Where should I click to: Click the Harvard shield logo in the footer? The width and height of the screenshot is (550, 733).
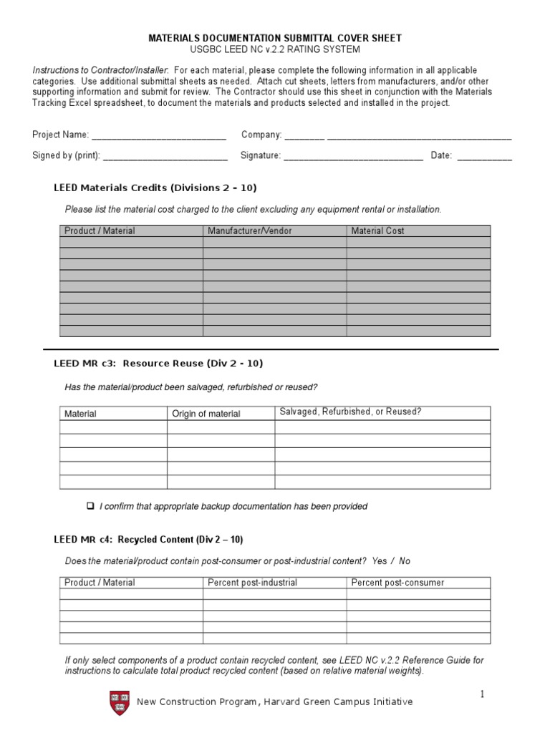click(x=120, y=702)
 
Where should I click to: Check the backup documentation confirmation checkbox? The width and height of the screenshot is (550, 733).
click(x=90, y=506)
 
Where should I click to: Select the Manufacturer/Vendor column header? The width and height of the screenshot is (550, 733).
click(x=249, y=231)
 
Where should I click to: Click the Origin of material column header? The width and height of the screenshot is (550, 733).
click(x=206, y=414)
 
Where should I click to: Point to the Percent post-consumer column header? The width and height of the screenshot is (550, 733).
click(x=397, y=583)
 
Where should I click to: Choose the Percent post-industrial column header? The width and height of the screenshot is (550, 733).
click(x=252, y=583)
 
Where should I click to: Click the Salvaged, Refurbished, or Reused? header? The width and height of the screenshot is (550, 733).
click(x=350, y=412)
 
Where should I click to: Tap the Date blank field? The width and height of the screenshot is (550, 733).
click(x=484, y=156)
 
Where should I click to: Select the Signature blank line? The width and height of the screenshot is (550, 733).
click(x=353, y=156)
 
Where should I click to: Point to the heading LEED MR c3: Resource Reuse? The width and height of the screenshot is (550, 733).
click(x=158, y=364)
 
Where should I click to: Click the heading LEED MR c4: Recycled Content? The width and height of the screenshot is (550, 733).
click(x=153, y=539)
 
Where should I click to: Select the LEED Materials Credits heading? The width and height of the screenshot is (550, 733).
click(x=155, y=188)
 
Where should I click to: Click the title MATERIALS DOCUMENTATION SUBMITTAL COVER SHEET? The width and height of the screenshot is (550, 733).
click(x=274, y=37)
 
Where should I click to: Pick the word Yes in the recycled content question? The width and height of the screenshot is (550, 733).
click(x=380, y=561)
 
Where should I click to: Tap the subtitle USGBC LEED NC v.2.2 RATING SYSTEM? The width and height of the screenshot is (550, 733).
click(x=274, y=49)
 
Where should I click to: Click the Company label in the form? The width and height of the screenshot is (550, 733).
click(x=261, y=135)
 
